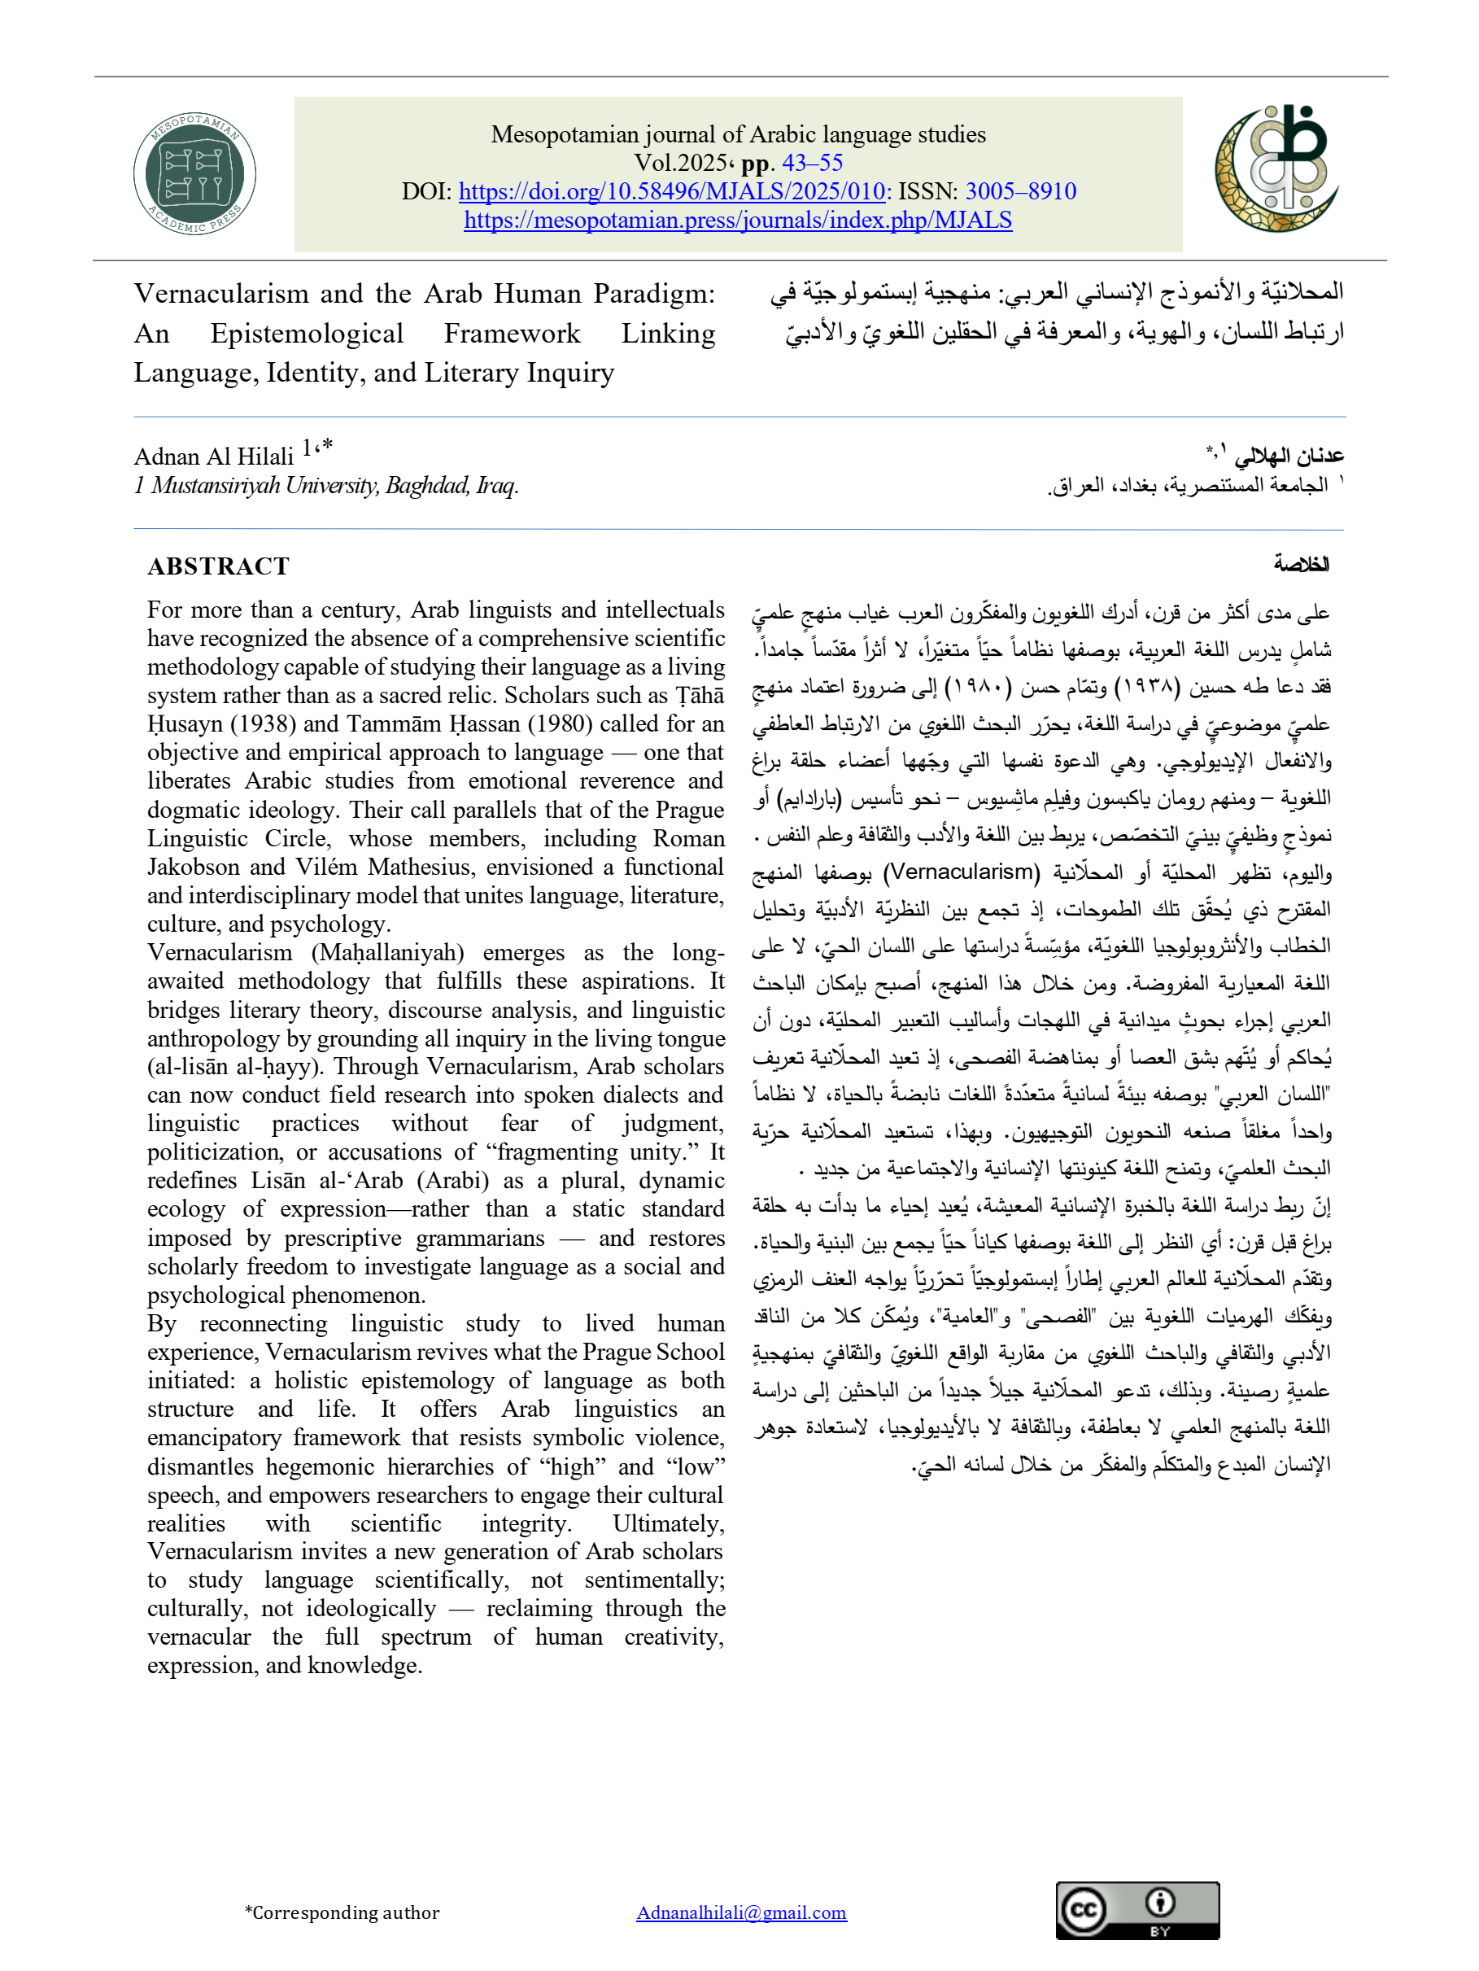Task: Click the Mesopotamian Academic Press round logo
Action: [x=194, y=174]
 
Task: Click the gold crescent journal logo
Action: [x=1276, y=168]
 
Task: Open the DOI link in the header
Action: [x=671, y=191]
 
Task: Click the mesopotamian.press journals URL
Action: [x=738, y=220]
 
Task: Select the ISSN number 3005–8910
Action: [x=1020, y=191]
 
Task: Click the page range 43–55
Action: [x=812, y=163]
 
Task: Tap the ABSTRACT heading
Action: [x=218, y=566]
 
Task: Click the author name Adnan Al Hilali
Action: [x=214, y=457]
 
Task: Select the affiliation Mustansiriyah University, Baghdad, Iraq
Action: [x=334, y=486]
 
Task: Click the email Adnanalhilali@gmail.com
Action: [x=741, y=1912]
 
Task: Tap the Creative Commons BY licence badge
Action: [x=1137, y=1911]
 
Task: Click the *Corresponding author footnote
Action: [x=342, y=1912]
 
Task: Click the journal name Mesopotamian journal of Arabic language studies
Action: [x=738, y=134]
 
